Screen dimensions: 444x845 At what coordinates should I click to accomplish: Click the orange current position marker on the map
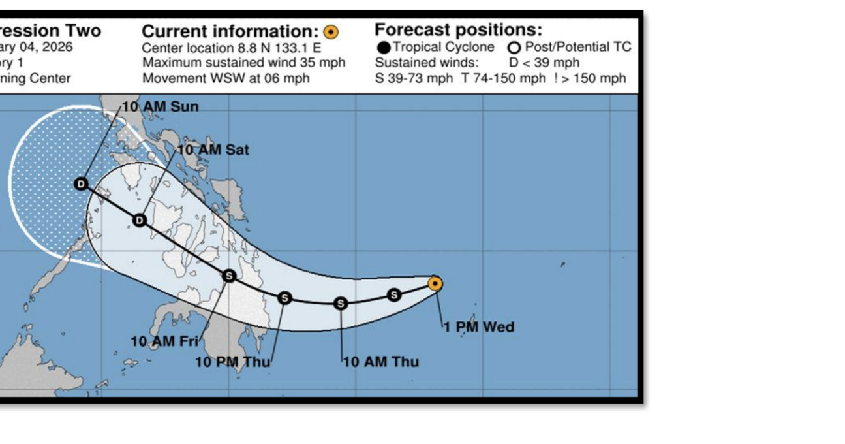pos(435,283)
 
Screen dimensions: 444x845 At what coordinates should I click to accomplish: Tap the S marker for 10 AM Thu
pos(341,304)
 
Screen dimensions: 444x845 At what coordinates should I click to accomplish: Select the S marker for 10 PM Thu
pos(284,298)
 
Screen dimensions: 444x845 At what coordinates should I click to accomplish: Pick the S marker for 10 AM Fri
pos(229,276)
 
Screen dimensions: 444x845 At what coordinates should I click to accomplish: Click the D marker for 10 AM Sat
pos(139,220)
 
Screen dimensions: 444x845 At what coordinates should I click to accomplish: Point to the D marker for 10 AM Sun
pos(81,183)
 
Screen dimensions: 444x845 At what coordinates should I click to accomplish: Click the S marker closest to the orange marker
pos(394,295)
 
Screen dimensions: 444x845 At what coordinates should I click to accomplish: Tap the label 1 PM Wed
pos(479,326)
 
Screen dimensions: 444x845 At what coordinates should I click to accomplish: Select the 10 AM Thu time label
pos(381,361)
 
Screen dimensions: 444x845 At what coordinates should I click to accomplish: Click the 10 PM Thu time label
pos(233,361)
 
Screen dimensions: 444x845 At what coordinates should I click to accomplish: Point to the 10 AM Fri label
pos(164,341)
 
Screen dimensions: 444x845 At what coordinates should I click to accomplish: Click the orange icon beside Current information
pos(331,31)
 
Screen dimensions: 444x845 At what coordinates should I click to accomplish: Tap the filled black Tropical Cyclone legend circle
pos(384,48)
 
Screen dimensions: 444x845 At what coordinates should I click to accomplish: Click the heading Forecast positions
pos(458,30)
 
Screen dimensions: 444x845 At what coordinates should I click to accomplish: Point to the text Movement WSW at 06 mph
pos(226,78)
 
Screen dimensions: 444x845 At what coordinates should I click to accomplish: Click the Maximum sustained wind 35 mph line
pos(243,63)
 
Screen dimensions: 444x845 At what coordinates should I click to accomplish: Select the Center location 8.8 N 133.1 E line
pos(232,48)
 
